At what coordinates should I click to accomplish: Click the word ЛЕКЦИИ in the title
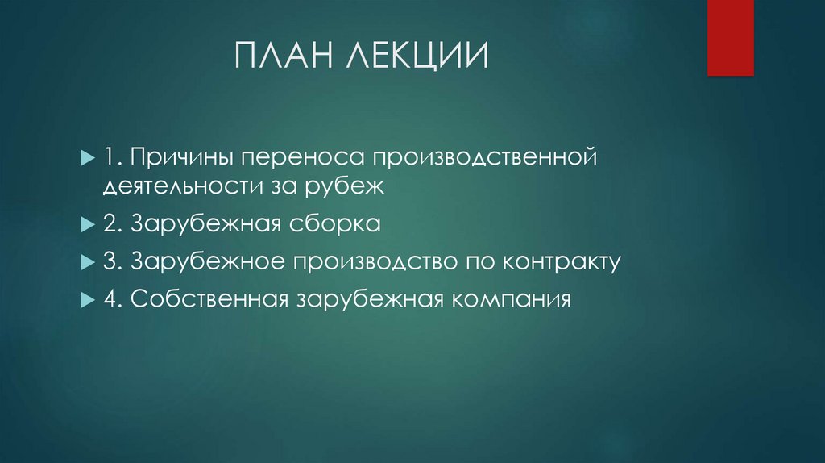point(420,59)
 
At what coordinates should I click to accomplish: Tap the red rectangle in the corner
point(730,37)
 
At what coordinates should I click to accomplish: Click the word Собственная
point(208,299)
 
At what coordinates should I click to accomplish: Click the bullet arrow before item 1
point(87,154)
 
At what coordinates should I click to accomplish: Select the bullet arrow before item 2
point(87,224)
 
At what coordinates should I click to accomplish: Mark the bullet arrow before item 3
point(87,262)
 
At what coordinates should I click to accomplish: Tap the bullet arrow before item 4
point(87,300)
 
